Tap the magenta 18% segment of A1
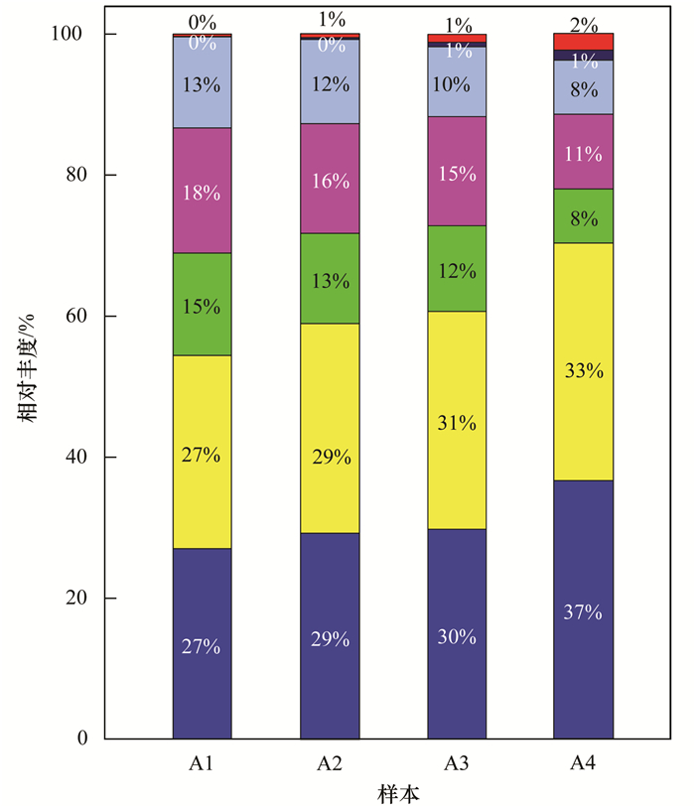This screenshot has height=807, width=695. coord(202,191)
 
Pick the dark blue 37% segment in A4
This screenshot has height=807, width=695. coord(583,609)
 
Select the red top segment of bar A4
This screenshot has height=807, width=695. coord(583,41)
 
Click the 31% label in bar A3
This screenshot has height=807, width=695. coord(457,423)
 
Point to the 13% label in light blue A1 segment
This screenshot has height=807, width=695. coord(202,84)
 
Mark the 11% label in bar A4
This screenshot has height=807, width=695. coord(584,154)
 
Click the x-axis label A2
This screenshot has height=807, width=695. coord(330,763)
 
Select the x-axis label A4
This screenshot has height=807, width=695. coord(584,763)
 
